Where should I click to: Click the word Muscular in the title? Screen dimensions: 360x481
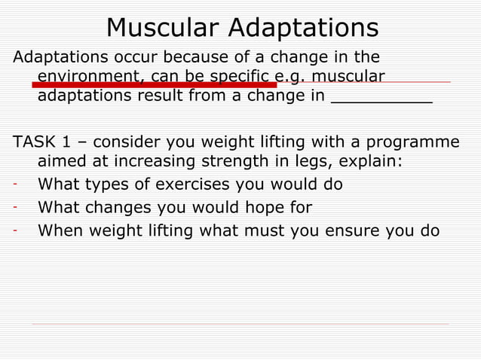(x=162, y=28)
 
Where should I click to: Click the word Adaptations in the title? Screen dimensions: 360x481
(x=303, y=28)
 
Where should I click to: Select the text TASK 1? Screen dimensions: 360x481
(x=43, y=142)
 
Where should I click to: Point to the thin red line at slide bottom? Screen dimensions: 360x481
(x=240, y=325)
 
